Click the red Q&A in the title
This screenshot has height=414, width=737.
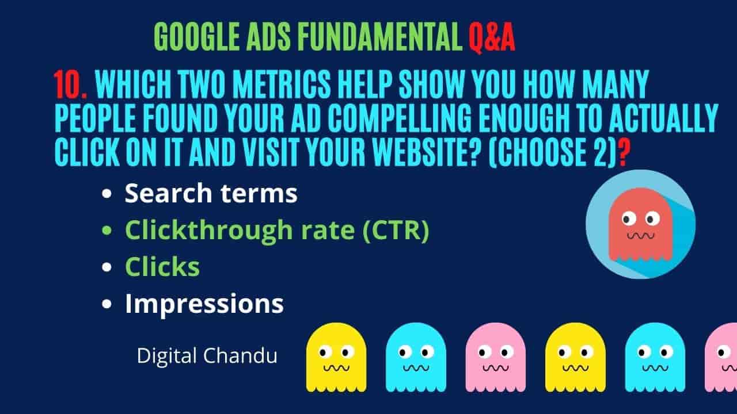[x=492, y=37]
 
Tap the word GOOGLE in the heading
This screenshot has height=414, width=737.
[x=197, y=37]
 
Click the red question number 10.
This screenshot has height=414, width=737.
[x=70, y=85]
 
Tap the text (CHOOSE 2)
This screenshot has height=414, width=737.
[x=552, y=152]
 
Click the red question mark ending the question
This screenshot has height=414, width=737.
[x=625, y=152]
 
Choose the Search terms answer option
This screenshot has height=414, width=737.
[x=211, y=193]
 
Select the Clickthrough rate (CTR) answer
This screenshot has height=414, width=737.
[x=277, y=231]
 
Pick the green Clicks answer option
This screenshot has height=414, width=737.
[x=162, y=266]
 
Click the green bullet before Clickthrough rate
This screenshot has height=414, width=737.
[x=107, y=231]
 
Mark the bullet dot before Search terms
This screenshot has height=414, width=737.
[x=107, y=194]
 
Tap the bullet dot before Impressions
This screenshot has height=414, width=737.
[x=107, y=304]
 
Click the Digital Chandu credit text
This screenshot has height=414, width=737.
[x=207, y=355]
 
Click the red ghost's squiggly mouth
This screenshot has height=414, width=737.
[x=641, y=236]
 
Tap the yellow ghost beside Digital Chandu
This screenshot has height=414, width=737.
[x=336, y=358]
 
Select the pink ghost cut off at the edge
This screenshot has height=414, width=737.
[x=721, y=358]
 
